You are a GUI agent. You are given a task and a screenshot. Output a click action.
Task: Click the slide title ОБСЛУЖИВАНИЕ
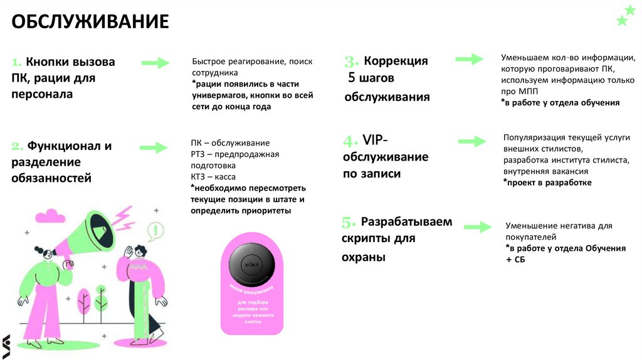(90, 23)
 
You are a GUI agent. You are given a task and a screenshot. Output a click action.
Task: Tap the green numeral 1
(16, 62)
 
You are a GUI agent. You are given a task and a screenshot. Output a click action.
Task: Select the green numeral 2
(17, 146)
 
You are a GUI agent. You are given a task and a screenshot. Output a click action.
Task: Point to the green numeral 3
(351, 61)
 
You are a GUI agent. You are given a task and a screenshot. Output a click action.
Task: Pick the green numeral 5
(349, 223)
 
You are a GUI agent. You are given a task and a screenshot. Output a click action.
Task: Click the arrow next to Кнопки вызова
(155, 63)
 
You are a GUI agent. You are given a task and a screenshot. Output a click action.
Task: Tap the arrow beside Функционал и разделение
(154, 148)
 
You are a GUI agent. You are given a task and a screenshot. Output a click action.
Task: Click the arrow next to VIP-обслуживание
(471, 142)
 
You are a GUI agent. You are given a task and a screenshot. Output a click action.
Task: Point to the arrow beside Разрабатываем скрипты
(477, 226)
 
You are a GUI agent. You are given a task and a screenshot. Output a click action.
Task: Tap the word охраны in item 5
(364, 257)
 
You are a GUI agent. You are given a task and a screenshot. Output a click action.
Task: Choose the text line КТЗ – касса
(213, 177)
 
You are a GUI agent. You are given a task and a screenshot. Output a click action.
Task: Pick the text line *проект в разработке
(547, 182)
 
